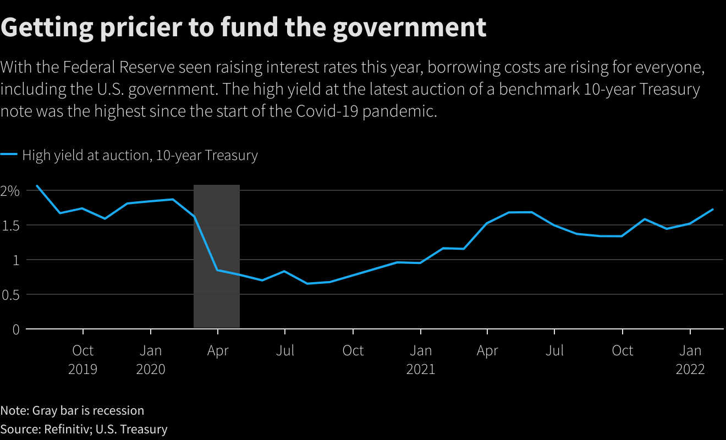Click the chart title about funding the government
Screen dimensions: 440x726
tap(243, 27)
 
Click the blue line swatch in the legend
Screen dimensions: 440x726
tap(9, 155)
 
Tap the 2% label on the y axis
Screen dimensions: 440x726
tap(10, 191)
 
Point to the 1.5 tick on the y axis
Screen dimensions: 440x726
tap(10, 226)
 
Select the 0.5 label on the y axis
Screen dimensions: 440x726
tap(10, 295)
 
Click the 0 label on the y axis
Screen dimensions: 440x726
tap(15, 329)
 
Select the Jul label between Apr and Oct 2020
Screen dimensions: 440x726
tap(285, 350)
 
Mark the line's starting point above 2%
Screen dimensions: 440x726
tap(37, 185)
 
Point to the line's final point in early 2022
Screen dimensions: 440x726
tap(713, 209)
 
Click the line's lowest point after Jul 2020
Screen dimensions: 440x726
tap(307, 283)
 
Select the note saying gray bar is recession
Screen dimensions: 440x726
tap(72, 410)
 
